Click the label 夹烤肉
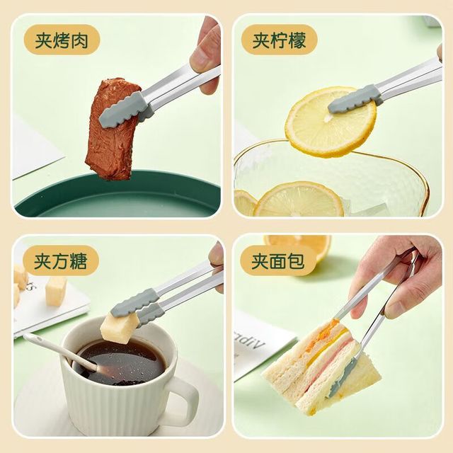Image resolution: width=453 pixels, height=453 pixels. (x=62, y=40)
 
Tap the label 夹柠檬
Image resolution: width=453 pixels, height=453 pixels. (x=279, y=40)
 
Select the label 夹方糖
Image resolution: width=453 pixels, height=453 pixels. (x=61, y=261)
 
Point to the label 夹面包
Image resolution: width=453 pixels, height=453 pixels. (x=278, y=261)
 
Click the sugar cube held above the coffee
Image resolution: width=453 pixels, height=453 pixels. (x=119, y=328)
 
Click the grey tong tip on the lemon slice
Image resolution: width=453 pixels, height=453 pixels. (x=355, y=100)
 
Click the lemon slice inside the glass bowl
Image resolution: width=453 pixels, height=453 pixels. (x=299, y=200)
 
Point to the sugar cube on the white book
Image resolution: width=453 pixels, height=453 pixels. (x=56, y=291)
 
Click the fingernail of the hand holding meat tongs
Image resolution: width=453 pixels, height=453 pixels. (x=200, y=57)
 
